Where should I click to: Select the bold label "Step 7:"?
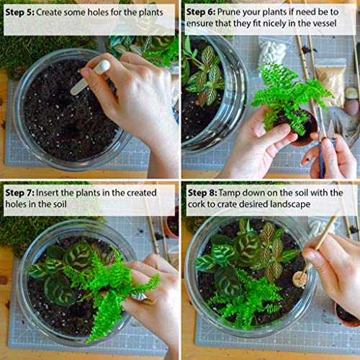pyautogui.click(x=21, y=192)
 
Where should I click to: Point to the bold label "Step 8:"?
pyautogui.click(x=203, y=192)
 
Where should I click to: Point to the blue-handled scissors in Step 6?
pyautogui.click(x=323, y=151)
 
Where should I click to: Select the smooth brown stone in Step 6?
pyautogui.click(x=350, y=107)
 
